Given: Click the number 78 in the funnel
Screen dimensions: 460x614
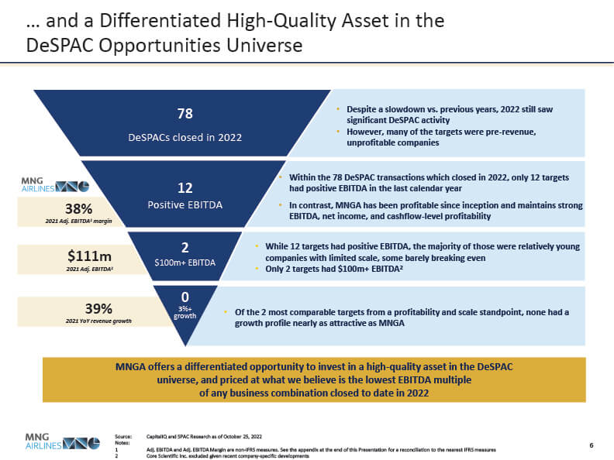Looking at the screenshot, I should (185, 114).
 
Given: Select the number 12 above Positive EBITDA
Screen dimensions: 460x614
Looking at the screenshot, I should (185, 187).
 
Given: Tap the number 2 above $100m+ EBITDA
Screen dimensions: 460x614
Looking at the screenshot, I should (185, 247).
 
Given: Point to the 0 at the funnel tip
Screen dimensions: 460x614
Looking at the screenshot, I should (185, 297).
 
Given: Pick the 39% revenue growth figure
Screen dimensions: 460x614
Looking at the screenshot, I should (79, 307).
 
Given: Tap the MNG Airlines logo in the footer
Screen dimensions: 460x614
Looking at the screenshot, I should (63, 441).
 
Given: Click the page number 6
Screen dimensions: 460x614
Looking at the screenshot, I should (592, 445).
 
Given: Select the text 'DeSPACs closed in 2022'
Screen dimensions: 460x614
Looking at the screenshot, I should (185, 137).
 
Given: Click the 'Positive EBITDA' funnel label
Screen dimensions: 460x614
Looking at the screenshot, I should (185, 205).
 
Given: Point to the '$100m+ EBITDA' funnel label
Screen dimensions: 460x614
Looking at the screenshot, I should (185, 263).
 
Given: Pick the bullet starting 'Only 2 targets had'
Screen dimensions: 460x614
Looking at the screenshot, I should (333, 269).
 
